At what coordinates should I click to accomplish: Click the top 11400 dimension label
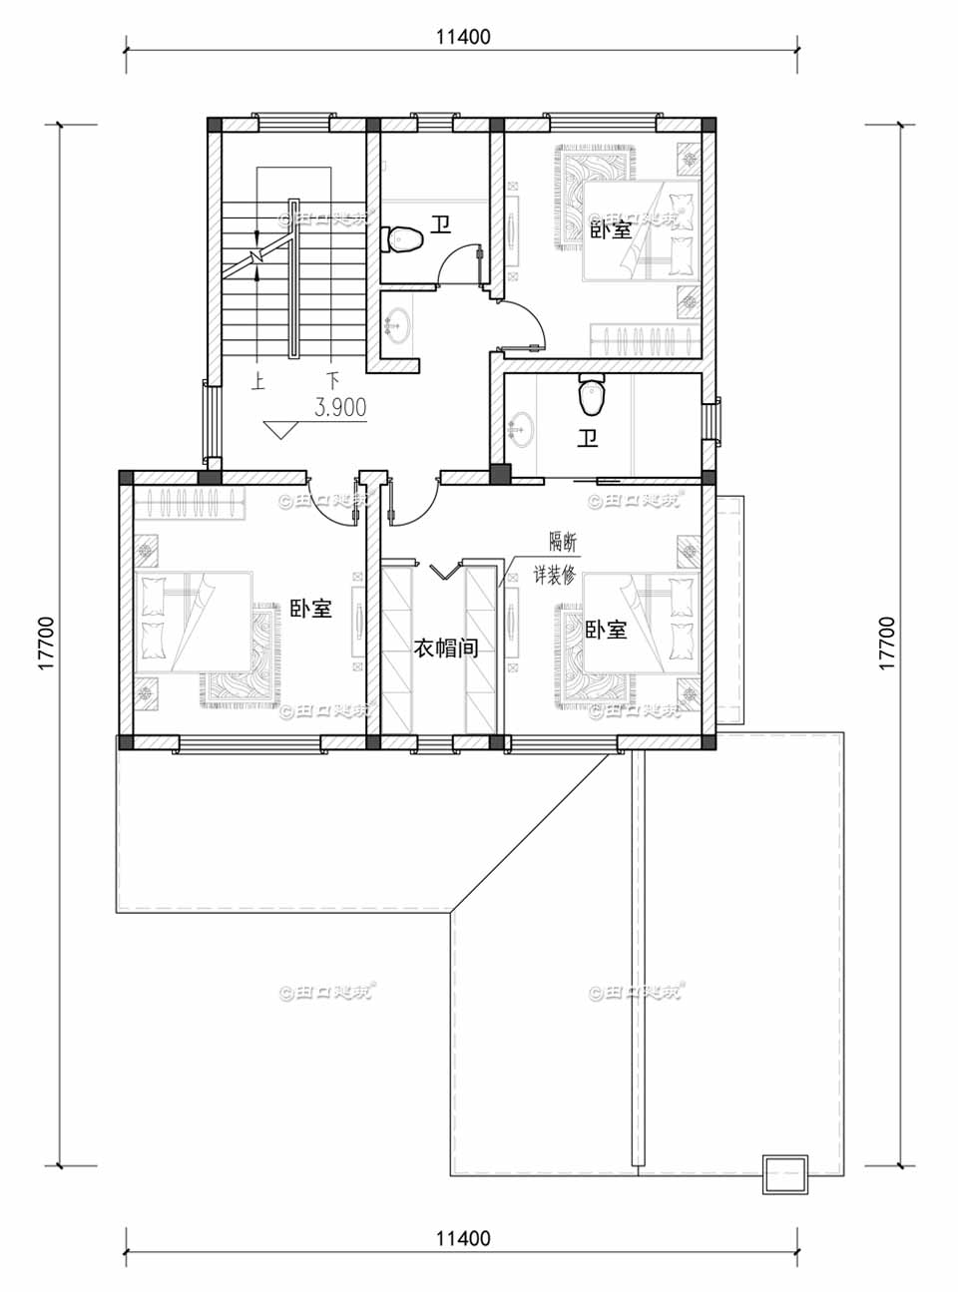tap(463, 37)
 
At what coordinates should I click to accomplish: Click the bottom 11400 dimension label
tap(463, 1238)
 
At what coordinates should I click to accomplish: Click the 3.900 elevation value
tap(340, 407)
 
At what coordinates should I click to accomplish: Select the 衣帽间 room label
tap(446, 648)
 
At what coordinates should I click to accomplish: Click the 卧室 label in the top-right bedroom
tap(611, 228)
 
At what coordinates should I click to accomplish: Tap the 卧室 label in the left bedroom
tap(310, 608)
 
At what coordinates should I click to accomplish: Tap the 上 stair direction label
tap(257, 380)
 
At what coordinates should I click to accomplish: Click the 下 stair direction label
tap(332, 380)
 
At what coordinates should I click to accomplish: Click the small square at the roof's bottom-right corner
tap(785, 1173)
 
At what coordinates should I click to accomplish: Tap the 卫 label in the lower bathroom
tap(588, 437)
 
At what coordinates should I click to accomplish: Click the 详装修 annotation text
tap(554, 576)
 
